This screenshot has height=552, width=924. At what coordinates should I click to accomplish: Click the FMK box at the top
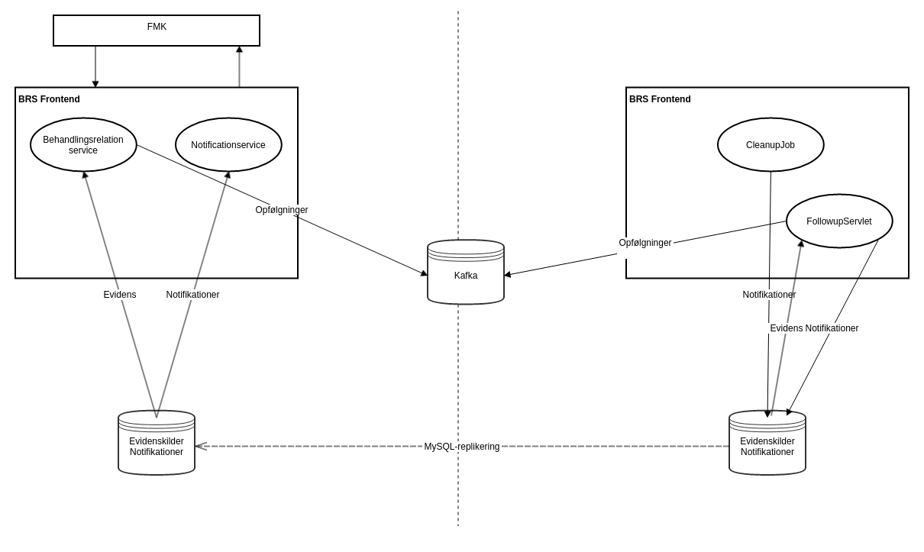[157, 31]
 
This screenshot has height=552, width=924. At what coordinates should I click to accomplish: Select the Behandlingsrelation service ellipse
[83, 145]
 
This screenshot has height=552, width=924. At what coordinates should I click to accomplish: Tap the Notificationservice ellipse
[228, 145]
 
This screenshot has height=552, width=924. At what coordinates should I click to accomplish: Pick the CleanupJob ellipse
[771, 145]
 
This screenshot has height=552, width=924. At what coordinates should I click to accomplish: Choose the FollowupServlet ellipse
[839, 221]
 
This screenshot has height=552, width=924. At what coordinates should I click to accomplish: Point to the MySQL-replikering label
[462, 447]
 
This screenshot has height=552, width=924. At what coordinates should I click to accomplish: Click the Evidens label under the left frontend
[120, 295]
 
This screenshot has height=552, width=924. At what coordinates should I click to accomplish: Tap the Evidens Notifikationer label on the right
[814, 328]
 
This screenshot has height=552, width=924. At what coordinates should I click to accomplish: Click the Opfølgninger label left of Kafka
[282, 210]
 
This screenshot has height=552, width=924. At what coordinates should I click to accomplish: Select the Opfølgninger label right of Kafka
[645, 243]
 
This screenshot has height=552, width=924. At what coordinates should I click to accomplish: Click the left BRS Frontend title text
[49, 99]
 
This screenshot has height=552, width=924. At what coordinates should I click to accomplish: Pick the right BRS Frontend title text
[660, 99]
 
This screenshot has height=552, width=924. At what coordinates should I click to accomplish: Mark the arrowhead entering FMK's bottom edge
[239, 50]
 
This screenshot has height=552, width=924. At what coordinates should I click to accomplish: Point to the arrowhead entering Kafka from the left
[424, 273]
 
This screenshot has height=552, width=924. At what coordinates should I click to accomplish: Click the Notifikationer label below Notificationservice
[192, 295]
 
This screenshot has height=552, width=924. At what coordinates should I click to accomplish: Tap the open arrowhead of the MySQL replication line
[200, 447]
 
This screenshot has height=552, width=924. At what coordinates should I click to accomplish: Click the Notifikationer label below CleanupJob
[769, 295]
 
